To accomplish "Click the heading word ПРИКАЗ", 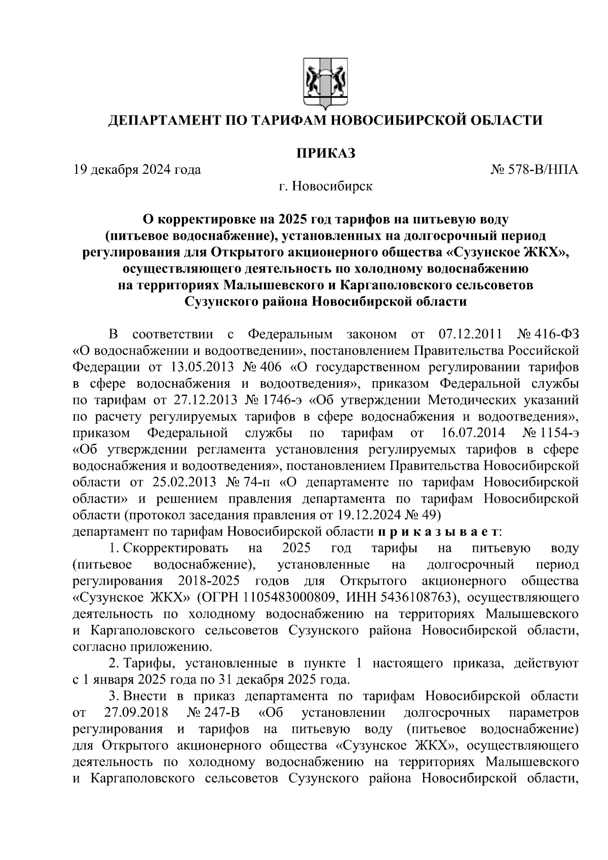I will point(326,153).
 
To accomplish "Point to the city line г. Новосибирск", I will point(325,186).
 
